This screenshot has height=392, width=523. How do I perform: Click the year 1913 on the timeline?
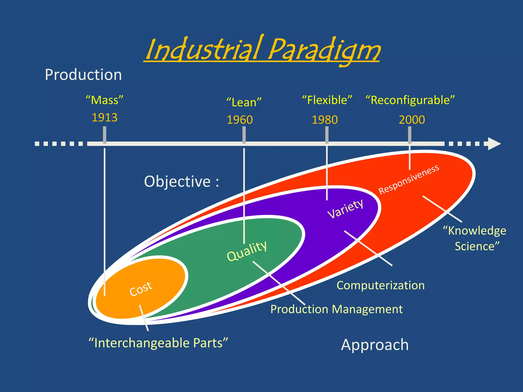(104, 118)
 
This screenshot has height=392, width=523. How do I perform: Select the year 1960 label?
(240, 120)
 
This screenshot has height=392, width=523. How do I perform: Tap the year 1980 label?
(325, 120)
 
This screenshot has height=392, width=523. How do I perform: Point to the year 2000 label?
(412, 120)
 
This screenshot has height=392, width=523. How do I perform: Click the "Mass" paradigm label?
(104, 100)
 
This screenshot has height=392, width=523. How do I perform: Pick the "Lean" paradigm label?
(244, 102)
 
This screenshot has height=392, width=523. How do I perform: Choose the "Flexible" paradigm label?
(327, 100)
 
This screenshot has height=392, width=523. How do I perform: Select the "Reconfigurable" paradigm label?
(410, 100)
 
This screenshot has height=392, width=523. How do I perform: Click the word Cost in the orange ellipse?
(141, 289)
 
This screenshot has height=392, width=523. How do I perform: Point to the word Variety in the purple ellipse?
(345, 209)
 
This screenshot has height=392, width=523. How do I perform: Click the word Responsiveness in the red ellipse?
(409, 179)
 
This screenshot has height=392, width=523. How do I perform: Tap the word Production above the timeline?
(83, 75)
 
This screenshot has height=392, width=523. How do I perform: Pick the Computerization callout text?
(381, 285)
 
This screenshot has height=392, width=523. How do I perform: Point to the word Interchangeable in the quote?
(142, 343)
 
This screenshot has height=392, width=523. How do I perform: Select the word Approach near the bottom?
(375, 345)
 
